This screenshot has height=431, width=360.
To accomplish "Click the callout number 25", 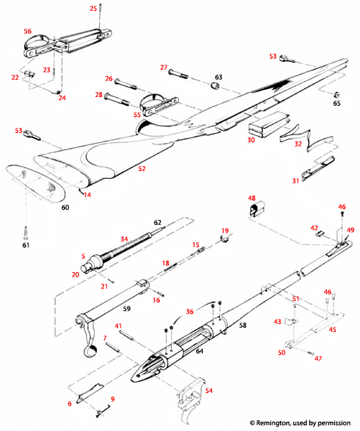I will (93, 8).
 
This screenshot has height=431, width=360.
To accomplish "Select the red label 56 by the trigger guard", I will (27, 32).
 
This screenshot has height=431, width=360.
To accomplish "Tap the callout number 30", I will (251, 140).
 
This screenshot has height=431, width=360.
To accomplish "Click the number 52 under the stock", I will (142, 169).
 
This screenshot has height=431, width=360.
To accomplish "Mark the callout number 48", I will (252, 198).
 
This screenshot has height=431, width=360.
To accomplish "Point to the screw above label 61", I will (26, 231).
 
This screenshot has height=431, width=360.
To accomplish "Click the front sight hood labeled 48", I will (257, 211).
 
